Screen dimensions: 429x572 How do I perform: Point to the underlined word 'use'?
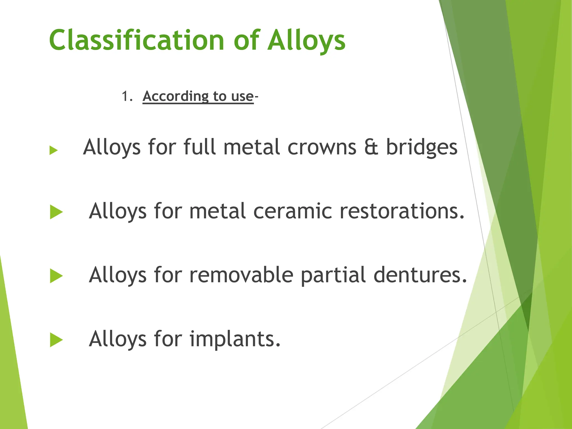(242, 97)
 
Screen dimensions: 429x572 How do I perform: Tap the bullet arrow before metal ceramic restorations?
(56, 212)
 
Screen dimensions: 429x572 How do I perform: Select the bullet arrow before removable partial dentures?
(56, 276)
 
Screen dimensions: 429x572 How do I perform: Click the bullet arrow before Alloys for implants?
(56, 340)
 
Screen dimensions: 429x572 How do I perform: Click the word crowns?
(322, 147)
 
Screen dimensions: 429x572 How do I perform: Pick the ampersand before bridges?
(371, 147)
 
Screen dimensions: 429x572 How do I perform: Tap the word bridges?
(421, 147)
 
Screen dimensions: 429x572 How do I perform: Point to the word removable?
(241, 275)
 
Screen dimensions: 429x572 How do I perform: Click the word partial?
(333, 275)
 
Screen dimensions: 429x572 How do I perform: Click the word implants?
(235, 339)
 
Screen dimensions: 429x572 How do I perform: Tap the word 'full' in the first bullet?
(199, 147)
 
